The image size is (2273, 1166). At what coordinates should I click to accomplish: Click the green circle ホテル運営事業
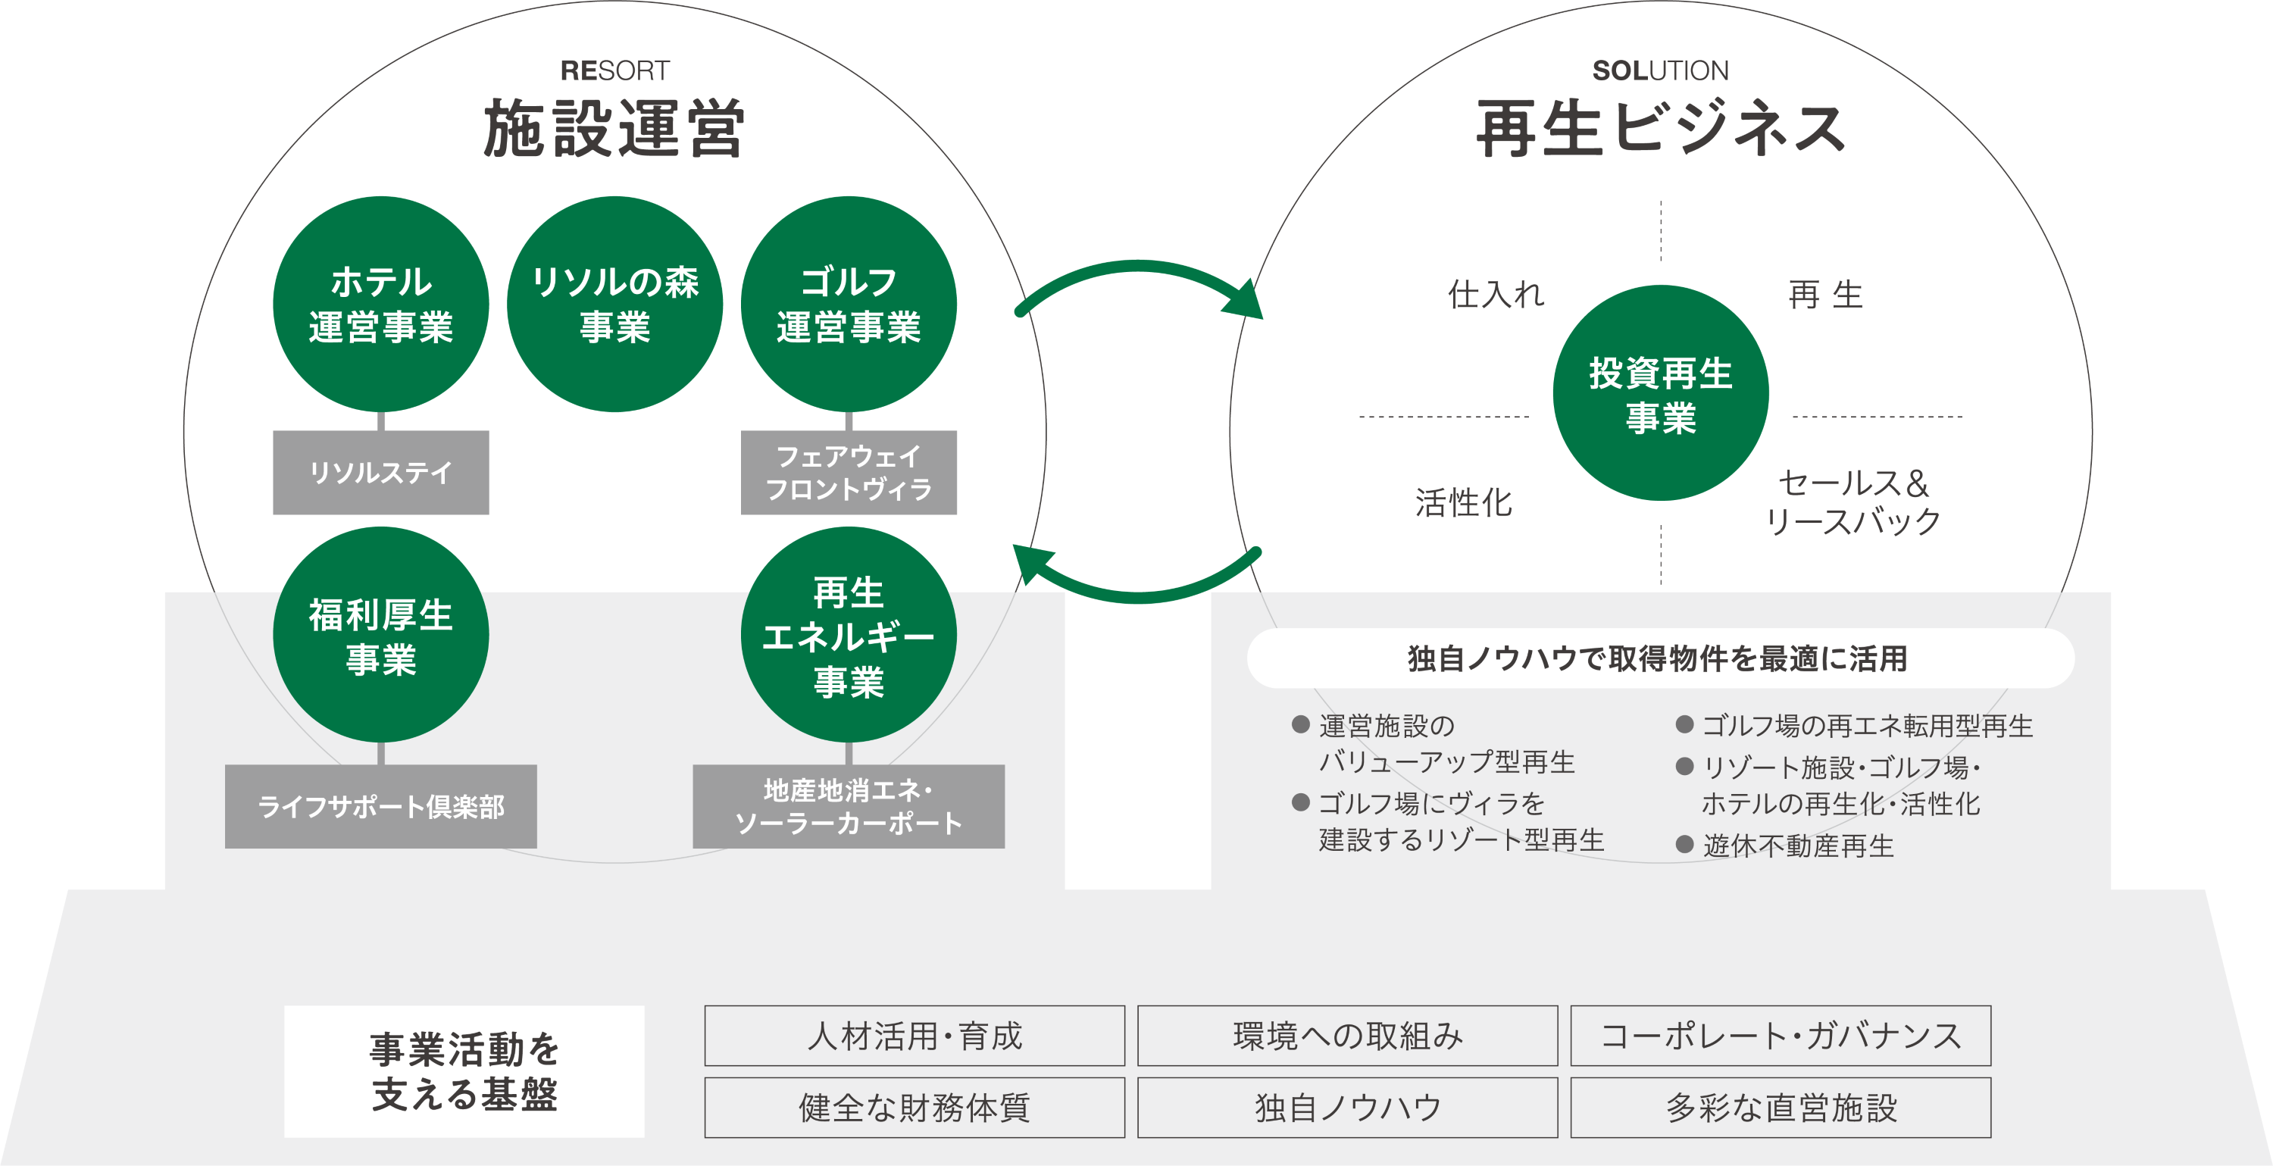coord(380,304)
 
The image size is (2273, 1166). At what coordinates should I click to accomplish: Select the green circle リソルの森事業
coord(614,304)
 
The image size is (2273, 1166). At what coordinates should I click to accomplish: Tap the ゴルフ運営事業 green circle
coord(848,304)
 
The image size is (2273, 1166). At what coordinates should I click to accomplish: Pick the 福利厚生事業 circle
coord(380,635)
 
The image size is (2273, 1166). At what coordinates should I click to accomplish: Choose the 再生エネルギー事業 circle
coord(848,635)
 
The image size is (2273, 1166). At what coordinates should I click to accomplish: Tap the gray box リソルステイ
coord(380,472)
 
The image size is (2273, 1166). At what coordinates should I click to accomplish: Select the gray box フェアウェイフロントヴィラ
coord(848,472)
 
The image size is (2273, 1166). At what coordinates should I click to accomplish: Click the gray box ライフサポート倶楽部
coord(380,806)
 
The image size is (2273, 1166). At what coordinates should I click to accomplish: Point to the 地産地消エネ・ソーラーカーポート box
coord(848,806)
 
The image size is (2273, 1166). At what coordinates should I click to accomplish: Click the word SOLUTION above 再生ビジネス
coord(1660,70)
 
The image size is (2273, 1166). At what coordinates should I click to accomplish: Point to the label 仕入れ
coord(1496,294)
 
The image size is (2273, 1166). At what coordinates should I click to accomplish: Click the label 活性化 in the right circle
coord(1463,502)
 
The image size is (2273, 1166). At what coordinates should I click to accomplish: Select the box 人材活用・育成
coord(915,1036)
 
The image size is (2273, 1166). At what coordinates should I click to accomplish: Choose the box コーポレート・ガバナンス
coord(1780,1036)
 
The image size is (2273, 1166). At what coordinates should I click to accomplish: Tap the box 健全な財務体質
coord(915,1107)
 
